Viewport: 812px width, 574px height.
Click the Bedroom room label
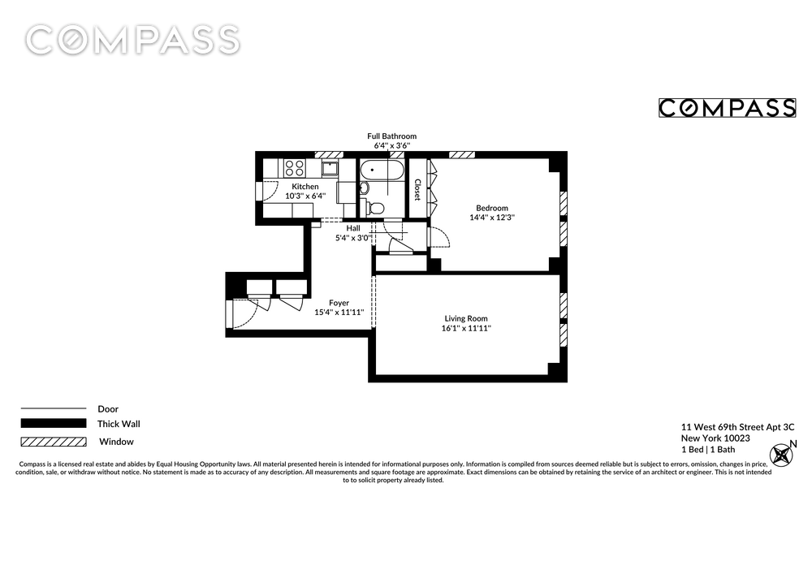tap(492, 208)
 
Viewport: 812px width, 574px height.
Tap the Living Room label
tap(466, 319)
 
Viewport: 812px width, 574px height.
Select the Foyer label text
tap(339, 303)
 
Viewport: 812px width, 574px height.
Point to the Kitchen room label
tap(305, 187)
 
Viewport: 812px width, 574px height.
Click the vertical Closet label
tap(417, 189)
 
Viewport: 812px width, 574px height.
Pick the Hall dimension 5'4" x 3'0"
tap(353, 238)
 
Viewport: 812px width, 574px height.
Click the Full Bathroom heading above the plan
tap(392, 136)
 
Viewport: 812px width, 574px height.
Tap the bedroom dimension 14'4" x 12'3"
tap(492, 218)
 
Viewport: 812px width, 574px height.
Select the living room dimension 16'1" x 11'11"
tap(466, 328)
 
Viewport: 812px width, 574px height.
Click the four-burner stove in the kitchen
tap(294, 168)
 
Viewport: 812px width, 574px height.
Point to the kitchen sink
tap(330, 168)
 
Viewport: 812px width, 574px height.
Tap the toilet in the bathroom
tap(375, 208)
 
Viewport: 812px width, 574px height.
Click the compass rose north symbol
tap(781, 455)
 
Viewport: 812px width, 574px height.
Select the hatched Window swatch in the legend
tap(54, 442)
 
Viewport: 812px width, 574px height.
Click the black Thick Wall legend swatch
tap(54, 423)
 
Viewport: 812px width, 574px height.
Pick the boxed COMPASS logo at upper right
tap(727, 108)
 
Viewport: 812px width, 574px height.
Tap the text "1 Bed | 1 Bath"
tap(708, 450)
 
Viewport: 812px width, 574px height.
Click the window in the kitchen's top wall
tap(329, 154)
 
